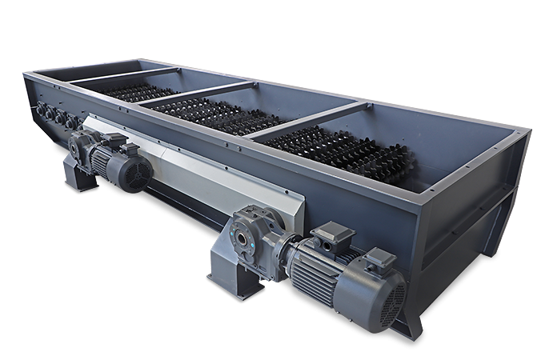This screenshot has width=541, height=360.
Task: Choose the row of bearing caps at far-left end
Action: pos(54,116)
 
